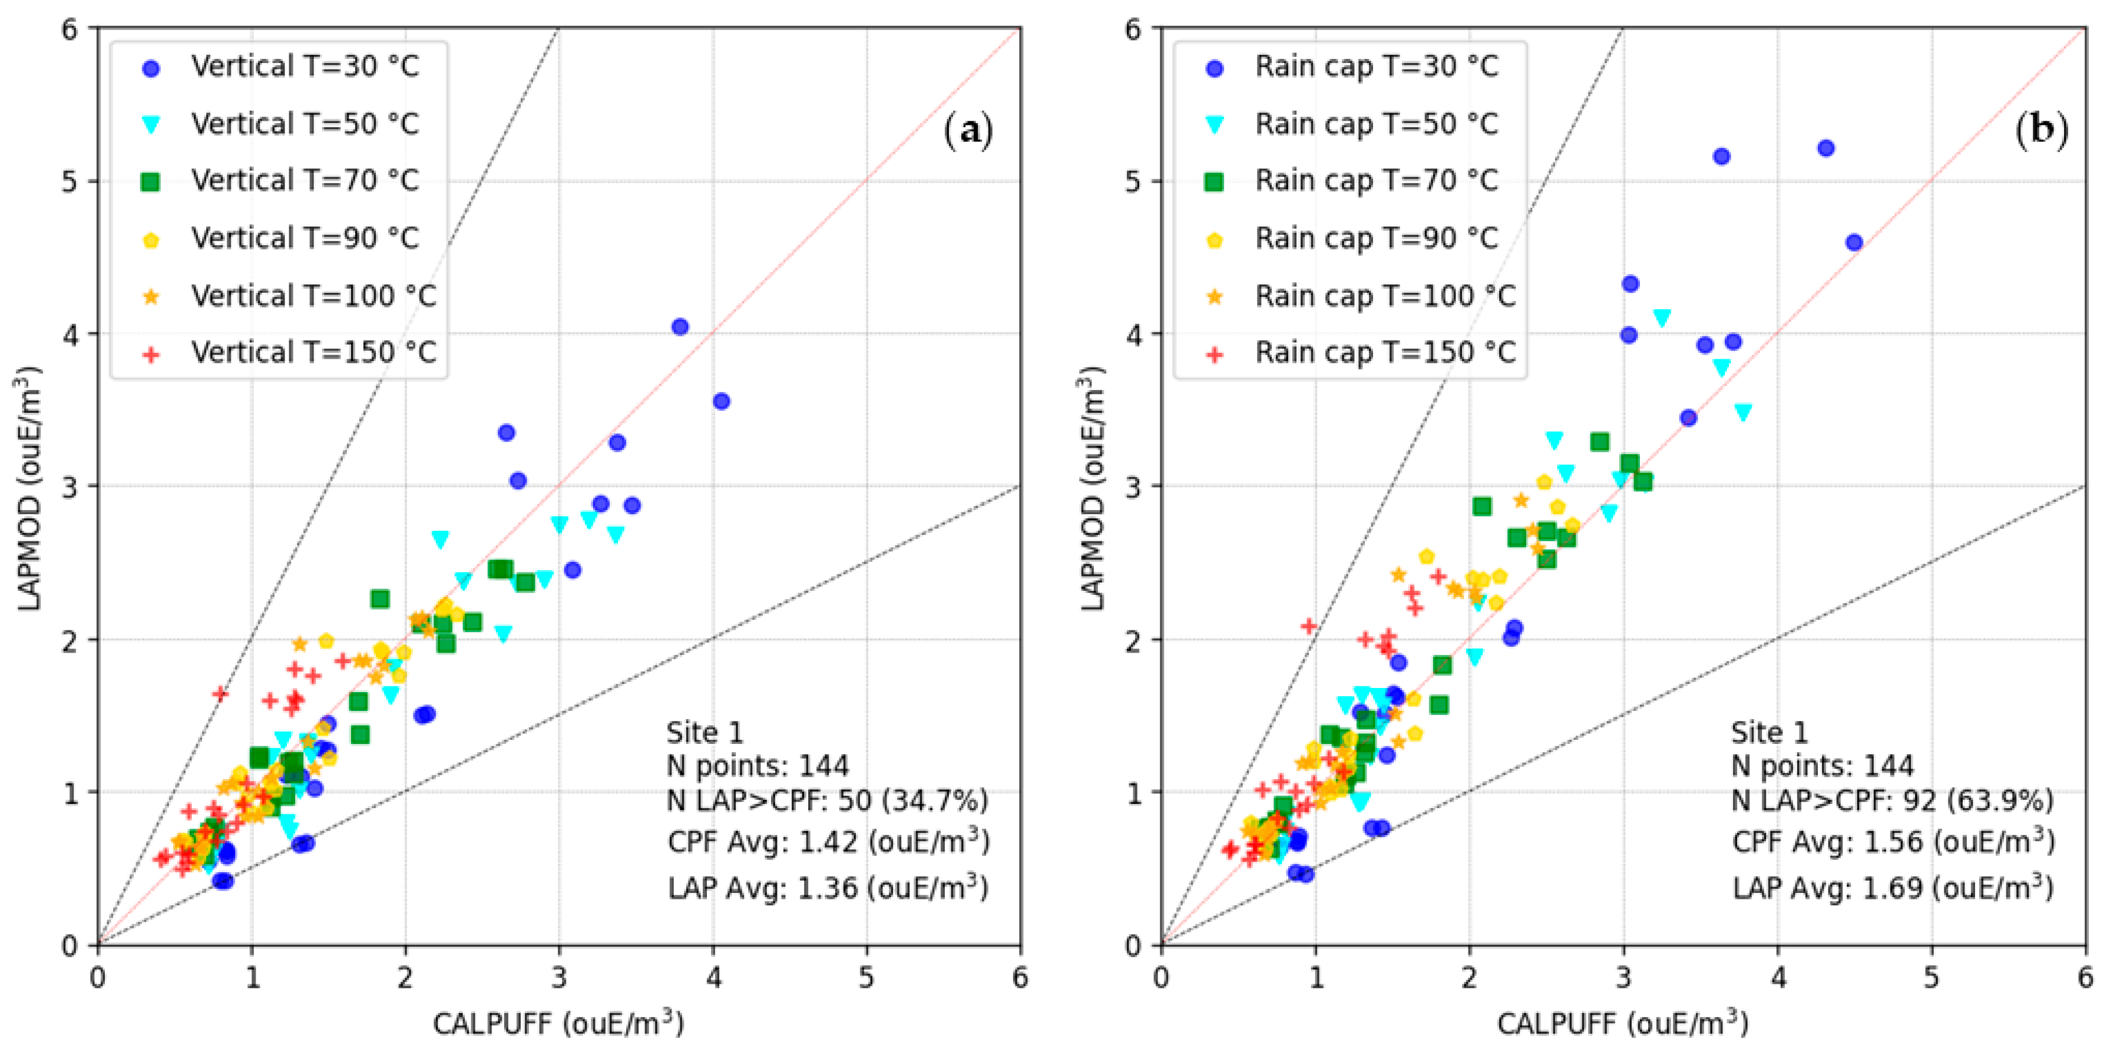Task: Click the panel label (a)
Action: click(x=968, y=130)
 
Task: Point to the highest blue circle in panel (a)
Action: click(x=680, y=327)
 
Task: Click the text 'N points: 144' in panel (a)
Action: click(x=758, y=766)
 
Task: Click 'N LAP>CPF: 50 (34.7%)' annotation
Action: click(x=827, y=800)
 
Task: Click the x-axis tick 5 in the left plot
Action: click(x=867, y=977)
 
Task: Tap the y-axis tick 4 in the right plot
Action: click(x=1133, y=335)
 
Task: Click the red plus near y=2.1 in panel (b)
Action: click(x=1309, y=627)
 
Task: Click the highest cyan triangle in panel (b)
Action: click(x=1662, y=317)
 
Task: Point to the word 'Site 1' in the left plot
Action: click(x=705, y=732)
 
